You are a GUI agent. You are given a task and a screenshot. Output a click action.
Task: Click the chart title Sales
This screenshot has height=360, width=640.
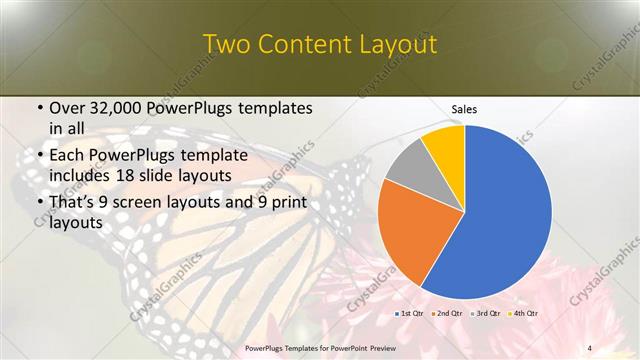click(464, 108)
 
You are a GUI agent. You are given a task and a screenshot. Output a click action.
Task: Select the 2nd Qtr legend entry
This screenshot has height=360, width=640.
click(450, 315)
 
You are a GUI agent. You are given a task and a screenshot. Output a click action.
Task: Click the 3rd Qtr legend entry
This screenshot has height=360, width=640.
click(487, 315)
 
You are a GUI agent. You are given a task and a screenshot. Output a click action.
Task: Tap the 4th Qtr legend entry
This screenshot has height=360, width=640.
click(524, 315)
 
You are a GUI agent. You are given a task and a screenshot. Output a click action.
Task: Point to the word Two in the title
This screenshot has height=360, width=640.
click(227, 45)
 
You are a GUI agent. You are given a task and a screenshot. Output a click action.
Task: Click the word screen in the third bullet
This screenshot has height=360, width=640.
click(148, 203)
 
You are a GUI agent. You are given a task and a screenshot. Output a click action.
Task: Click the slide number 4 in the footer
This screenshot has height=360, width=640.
click(589, 348)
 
